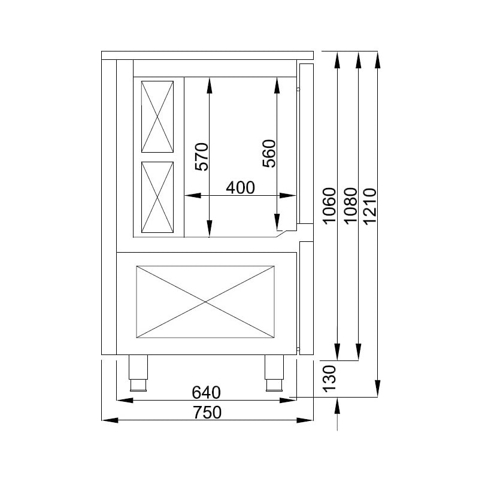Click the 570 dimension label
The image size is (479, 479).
[x=202, y=157]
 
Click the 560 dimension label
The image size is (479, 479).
[x=269, y=154]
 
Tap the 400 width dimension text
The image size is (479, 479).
[x=240, y=187]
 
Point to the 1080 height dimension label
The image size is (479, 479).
[x=350, y=205]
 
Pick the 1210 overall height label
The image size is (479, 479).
[x=370, y=205]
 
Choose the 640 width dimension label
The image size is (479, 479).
[x=206, y=392]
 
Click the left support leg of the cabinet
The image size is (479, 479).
[x=138, y=371]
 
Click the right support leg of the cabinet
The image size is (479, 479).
[x=275, y=371]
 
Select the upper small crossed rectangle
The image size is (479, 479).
[x=157, y=116]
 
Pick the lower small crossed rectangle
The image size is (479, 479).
[x=157, y=197]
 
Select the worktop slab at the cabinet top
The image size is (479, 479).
[x=207, y=55]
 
